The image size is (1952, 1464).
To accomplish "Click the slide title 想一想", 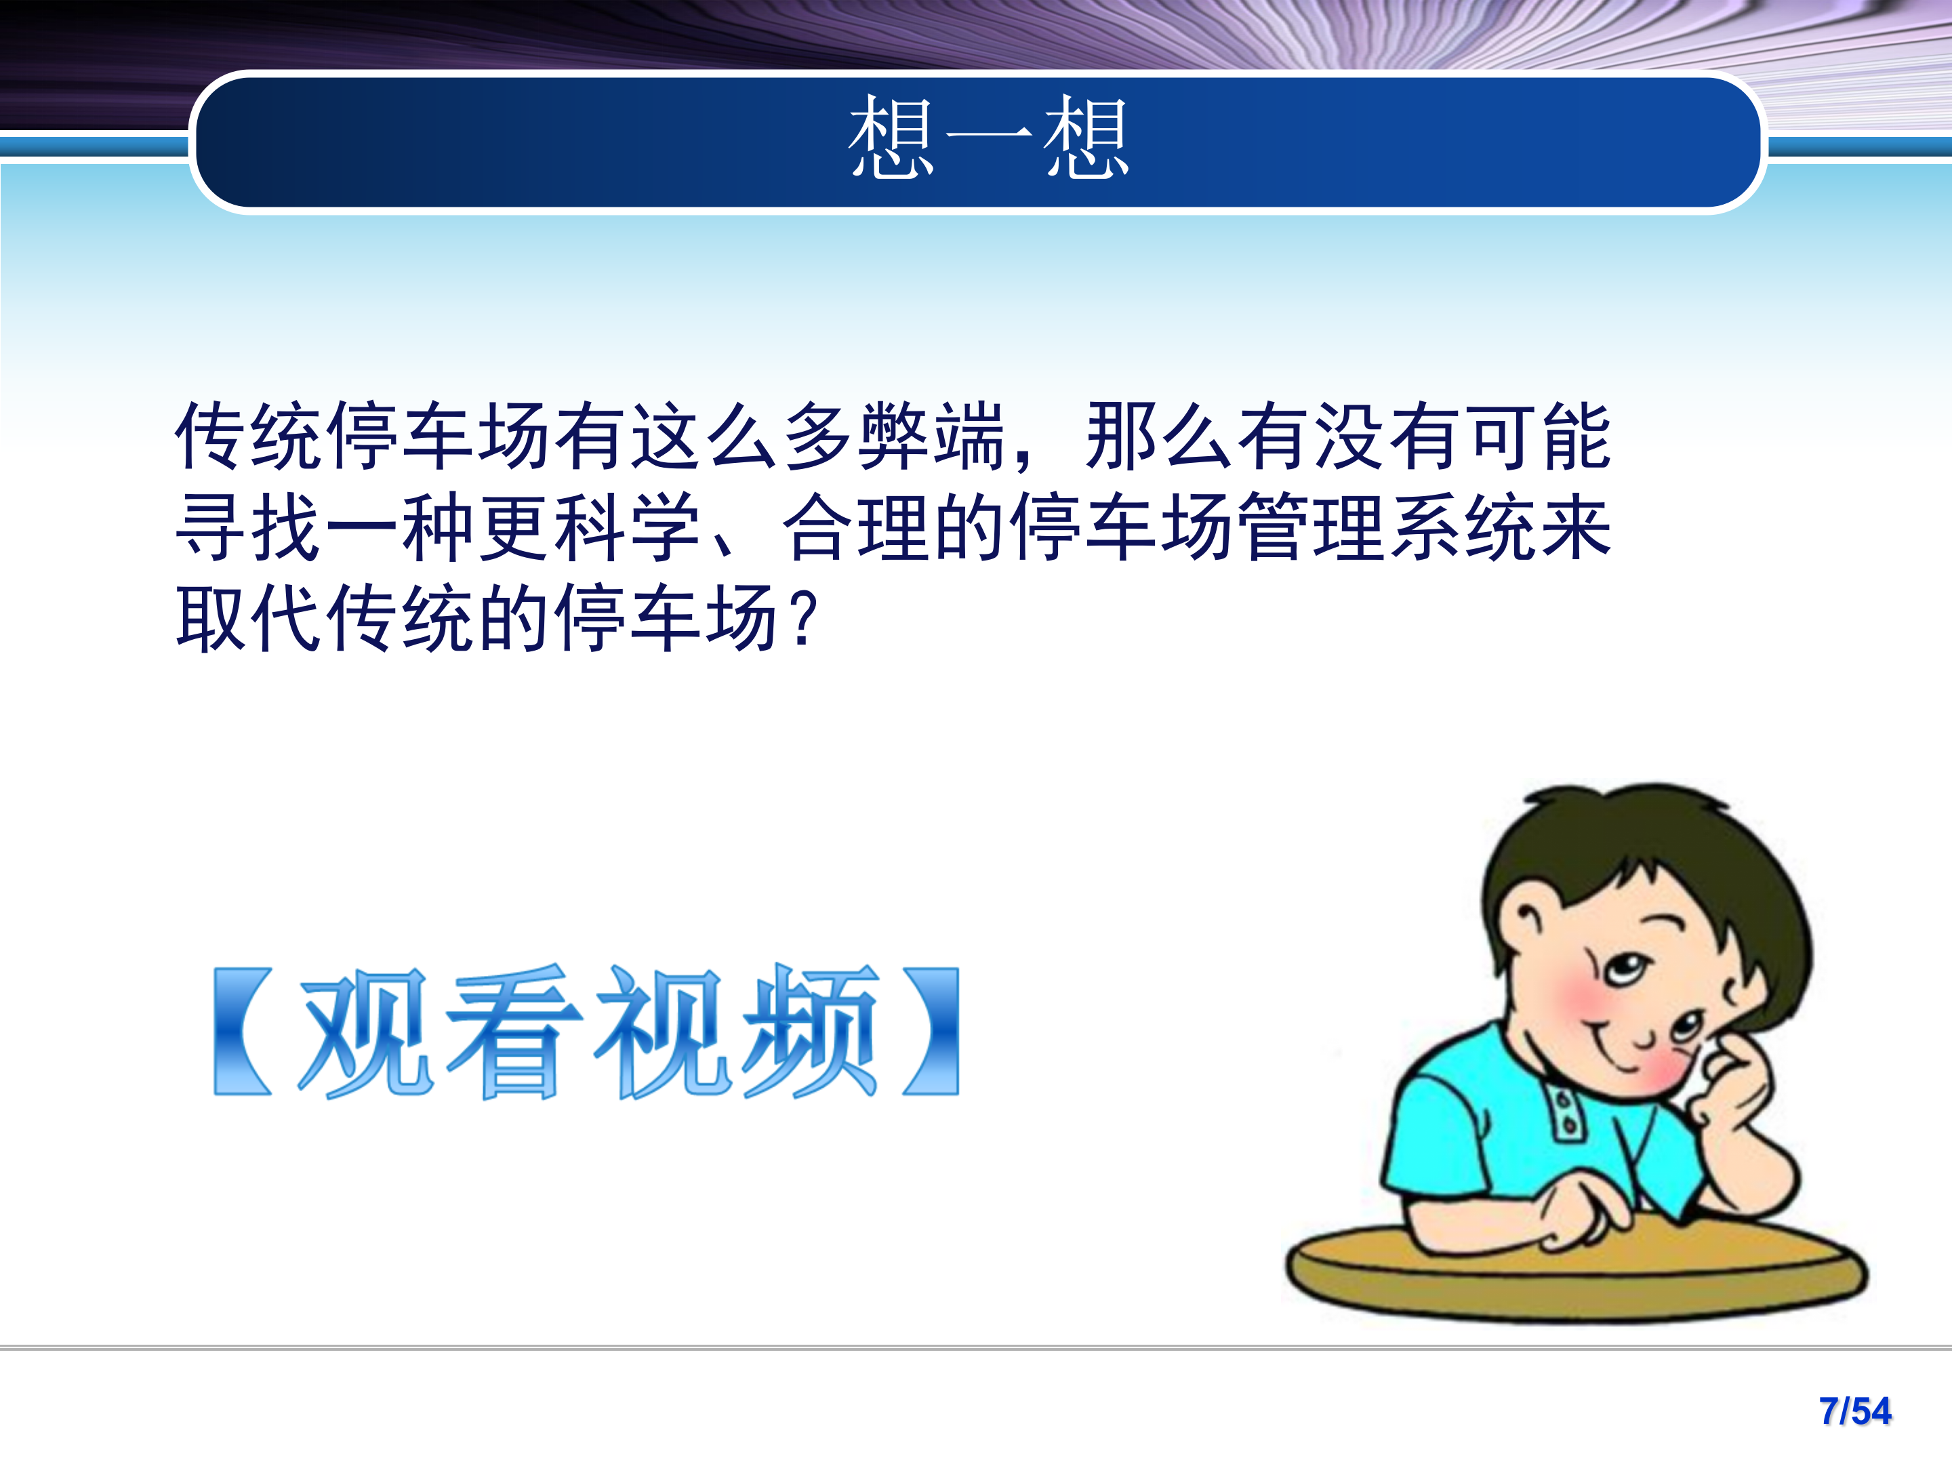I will coord(988,138).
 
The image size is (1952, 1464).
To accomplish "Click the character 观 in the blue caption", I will coord(366,1032).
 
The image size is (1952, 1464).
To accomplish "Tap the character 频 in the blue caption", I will coord(810,1032).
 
